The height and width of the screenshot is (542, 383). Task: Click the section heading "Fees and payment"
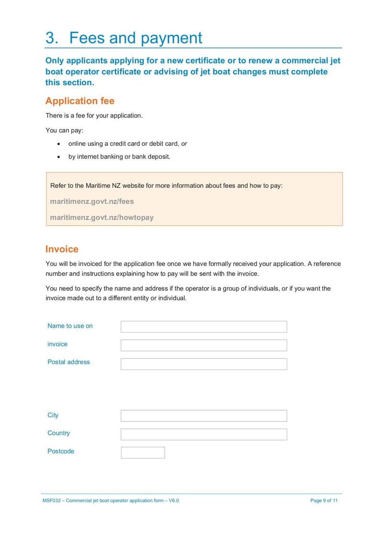(x=135, y=38)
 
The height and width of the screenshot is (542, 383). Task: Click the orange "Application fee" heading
(x=79, y=101)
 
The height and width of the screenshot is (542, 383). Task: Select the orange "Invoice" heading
(x=62, y=249)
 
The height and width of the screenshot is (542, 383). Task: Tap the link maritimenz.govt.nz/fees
(x=92, y=201)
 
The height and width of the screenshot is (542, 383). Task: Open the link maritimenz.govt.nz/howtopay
(x=101, y=217)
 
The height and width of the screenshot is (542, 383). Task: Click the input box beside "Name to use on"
(x=203, y=327)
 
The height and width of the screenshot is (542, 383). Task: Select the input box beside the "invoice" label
(x=203, y=345)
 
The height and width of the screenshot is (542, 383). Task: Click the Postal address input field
(x=203, y=364)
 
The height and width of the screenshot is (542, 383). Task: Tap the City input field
(x=203, y=415)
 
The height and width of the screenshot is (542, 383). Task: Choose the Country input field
(x=203, y=434)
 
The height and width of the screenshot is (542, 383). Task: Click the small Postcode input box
(x=143, y=452)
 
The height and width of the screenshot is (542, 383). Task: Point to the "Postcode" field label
(x=61, y=451)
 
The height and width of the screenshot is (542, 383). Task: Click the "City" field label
(x=53, y=415)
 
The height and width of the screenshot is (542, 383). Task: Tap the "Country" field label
(x=58, y=433)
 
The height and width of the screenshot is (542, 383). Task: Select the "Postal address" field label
(x=68, y=362)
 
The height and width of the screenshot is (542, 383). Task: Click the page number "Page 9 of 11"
(x=324, y=500)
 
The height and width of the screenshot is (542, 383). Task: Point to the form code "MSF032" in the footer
(x=51, y=500)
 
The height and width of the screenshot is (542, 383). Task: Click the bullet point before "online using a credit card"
(x=58, y=144)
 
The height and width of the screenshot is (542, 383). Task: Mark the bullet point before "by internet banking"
(x=58, y=157)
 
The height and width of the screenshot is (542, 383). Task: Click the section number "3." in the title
(x=52, y=38)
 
